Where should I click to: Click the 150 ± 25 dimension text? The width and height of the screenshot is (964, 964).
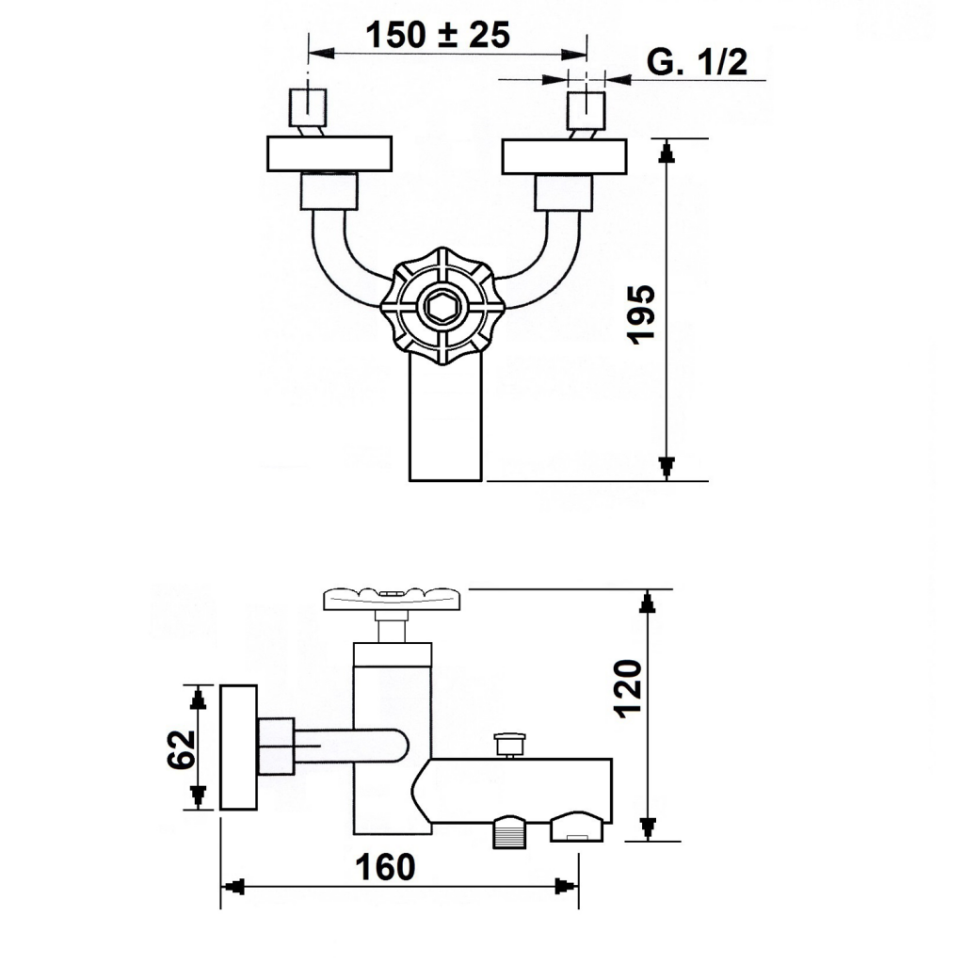pyautogui.click(x=438, y=35)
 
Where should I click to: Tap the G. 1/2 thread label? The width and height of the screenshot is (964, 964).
pyautogui.click(x=698, y=61)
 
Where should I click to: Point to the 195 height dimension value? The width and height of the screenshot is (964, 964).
pyautogui.click(x=640, y=314)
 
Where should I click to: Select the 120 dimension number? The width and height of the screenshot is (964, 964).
pyautogui.click(x=628, y=688)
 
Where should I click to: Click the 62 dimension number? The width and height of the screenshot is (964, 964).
pyautogui.click(x=182, y=748)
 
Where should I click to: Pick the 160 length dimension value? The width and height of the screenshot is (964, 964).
pyautogui.click(x=385, y=867)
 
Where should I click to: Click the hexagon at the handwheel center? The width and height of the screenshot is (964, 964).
pyautogui.click(x=442, y=306)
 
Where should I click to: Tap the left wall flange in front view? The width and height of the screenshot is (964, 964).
pyautogui.click(x=329, y=153)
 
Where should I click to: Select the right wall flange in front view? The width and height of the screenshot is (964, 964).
pyautogui.click(x=565, y=157)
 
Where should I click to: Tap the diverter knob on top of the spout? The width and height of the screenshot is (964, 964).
pyautogui.click(x=509, y=745)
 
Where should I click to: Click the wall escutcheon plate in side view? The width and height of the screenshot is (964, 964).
pyautogui.click(x=238, y=747)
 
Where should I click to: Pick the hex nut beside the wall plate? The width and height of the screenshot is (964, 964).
pyautogui.click(x=276, y=747)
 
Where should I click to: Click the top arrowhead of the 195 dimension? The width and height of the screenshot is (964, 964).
pyautogui.click(x=667, y=151)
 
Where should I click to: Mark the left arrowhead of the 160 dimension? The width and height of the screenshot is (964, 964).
pyautogui.click(x=233, y=887)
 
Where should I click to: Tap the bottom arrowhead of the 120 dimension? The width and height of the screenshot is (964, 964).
pyautogui.click(x=648, y=829)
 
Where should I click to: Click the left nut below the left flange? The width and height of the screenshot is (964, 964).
pyautogui.click(x=329, y=191)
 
